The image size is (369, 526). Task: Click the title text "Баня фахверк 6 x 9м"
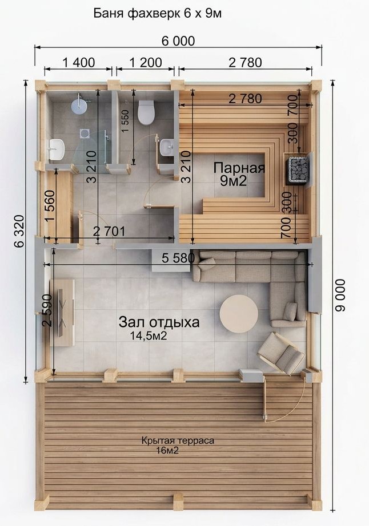157,14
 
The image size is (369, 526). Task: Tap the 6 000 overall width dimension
178,41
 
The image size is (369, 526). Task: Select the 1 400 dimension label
79,62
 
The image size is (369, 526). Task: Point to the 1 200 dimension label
146,62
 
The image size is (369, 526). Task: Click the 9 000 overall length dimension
340,295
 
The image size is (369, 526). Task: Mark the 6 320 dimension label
19,231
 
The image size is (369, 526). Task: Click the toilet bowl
146,112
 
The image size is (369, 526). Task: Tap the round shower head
79,106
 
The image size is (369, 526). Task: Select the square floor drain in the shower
85,133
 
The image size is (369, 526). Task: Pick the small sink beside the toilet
167,148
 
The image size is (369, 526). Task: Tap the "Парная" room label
239,168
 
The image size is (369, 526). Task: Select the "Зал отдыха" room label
159,322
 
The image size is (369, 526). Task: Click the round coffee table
239,314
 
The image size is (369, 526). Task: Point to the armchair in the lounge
282,353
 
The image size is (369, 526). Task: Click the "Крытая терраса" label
178,440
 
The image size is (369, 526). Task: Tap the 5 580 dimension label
178,258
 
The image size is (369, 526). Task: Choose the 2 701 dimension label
109,231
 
